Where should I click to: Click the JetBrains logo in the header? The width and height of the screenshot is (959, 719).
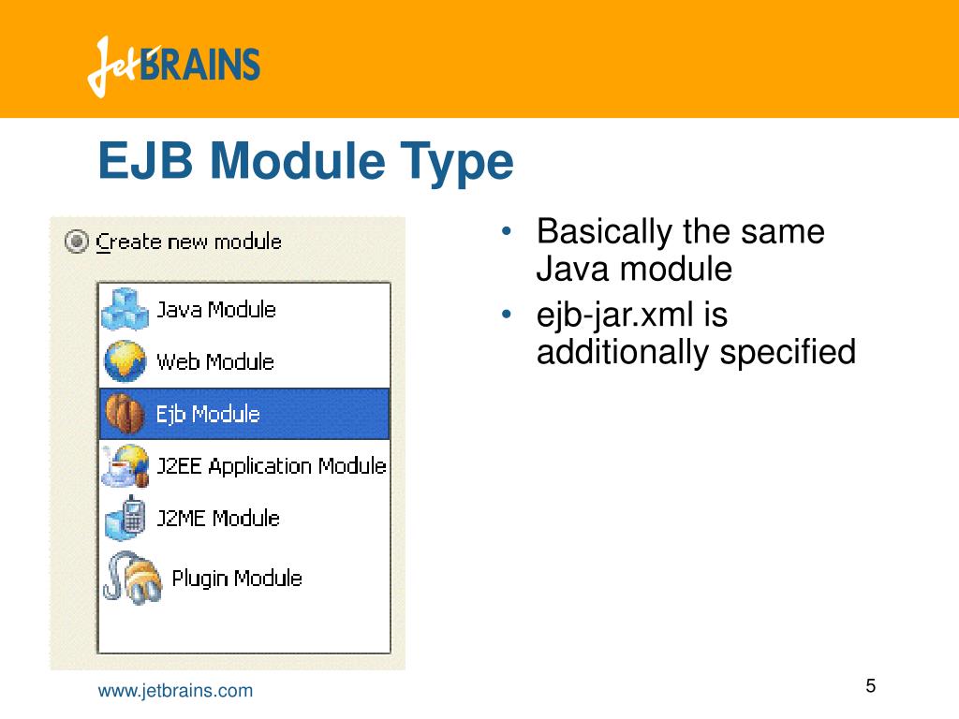click(x=174, y=66)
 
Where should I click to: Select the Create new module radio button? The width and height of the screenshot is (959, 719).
click(x=76, y=242)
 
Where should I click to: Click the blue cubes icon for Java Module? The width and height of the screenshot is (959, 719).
click(x=125, y=309)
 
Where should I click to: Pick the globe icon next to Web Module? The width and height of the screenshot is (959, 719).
click(x=125, y=362)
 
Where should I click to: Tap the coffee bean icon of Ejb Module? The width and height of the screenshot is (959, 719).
click(x=124, y=415)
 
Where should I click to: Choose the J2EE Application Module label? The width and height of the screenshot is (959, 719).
click(x=272, y=466)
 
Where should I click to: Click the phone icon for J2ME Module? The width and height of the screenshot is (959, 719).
click(x=125, y=519)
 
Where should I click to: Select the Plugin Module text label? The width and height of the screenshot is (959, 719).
click(x=237, y=578)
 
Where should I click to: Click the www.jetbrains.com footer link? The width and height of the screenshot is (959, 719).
click(x=176, y=691)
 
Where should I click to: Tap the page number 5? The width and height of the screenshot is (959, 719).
click(x=870, y=686)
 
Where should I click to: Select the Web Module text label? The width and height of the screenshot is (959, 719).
click(x=215, y=362)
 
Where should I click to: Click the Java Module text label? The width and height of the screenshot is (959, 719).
click(x=216, y=310)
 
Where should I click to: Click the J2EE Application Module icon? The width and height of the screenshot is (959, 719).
click(x=125, y=466)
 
